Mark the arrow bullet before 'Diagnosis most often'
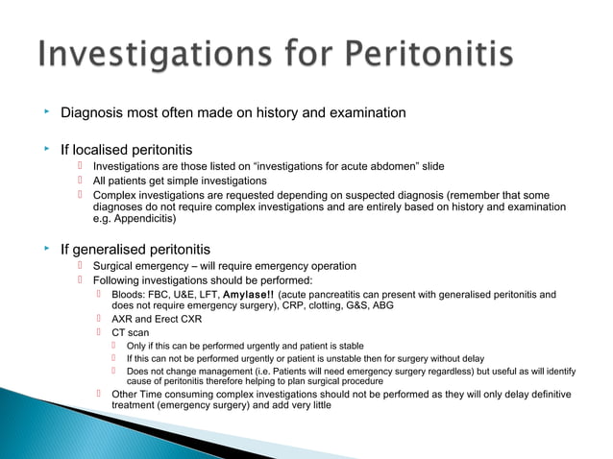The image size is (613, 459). (45, 112)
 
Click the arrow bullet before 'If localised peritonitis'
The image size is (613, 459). (45, 149)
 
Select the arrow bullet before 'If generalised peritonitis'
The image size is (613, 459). (45, 249)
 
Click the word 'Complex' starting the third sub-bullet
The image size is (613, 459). (116, 195)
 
